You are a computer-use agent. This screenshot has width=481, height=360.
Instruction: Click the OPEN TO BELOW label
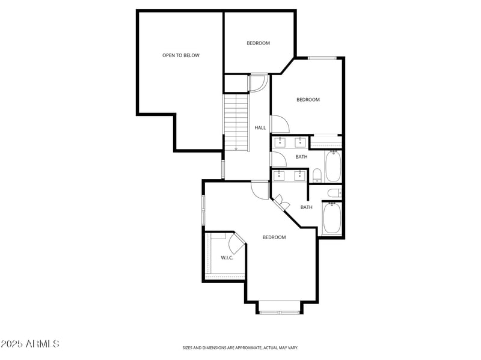(180, 55)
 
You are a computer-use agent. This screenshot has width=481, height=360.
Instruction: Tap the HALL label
(260, 127)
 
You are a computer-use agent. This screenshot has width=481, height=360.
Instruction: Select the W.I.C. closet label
(227, 258)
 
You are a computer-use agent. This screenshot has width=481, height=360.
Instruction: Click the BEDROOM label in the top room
(258, 43)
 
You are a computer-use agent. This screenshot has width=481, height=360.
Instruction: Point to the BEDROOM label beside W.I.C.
(274, 237)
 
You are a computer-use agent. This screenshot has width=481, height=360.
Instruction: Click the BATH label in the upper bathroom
(301, 157)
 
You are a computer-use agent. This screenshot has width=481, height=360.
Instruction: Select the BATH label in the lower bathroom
(306, 207)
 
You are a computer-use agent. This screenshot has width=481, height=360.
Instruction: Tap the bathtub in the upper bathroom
(333, 166)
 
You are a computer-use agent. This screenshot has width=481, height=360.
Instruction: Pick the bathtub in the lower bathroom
(332, 219)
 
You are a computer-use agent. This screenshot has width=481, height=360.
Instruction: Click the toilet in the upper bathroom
(317, 175)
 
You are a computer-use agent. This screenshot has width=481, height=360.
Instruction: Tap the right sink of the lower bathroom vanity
(299, 175)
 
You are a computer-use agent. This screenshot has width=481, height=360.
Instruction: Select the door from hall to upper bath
(278, 159)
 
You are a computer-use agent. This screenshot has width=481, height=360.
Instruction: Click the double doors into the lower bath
(281, 203)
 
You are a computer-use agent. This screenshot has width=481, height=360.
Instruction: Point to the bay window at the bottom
(279, 311)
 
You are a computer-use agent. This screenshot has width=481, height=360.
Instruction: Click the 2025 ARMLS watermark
(30, 344)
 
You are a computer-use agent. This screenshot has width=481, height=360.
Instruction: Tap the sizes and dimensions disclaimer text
(240, 347)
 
